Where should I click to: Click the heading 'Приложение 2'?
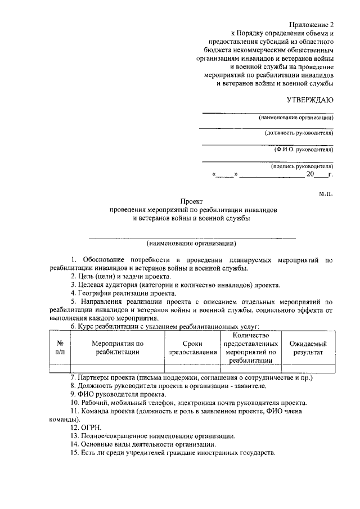tap(312, 25)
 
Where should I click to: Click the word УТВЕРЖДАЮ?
tap(310, 100)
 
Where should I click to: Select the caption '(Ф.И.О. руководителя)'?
tap(304, 150)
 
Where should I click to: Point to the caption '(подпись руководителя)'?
tap(302, 166)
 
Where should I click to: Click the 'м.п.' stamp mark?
tap(326, 193)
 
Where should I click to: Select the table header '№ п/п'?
tap(60, 347)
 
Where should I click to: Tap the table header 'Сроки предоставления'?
tap(192, 347)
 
